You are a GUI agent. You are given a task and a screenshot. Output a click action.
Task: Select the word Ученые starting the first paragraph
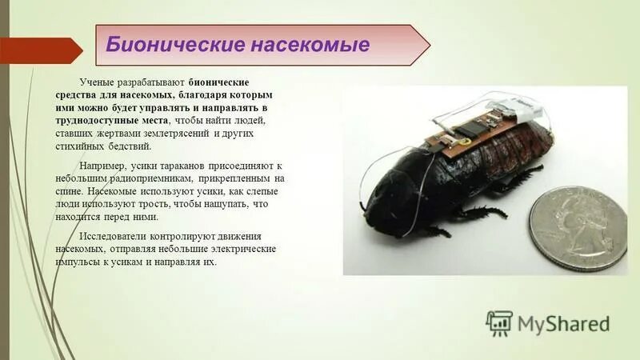pyautogui.click(x=98, y=83)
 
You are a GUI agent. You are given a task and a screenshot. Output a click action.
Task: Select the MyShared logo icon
pyautogui.click(x=499, y=323)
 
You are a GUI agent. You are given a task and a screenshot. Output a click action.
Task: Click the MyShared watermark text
pyautogui.click(x=563, y=323)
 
